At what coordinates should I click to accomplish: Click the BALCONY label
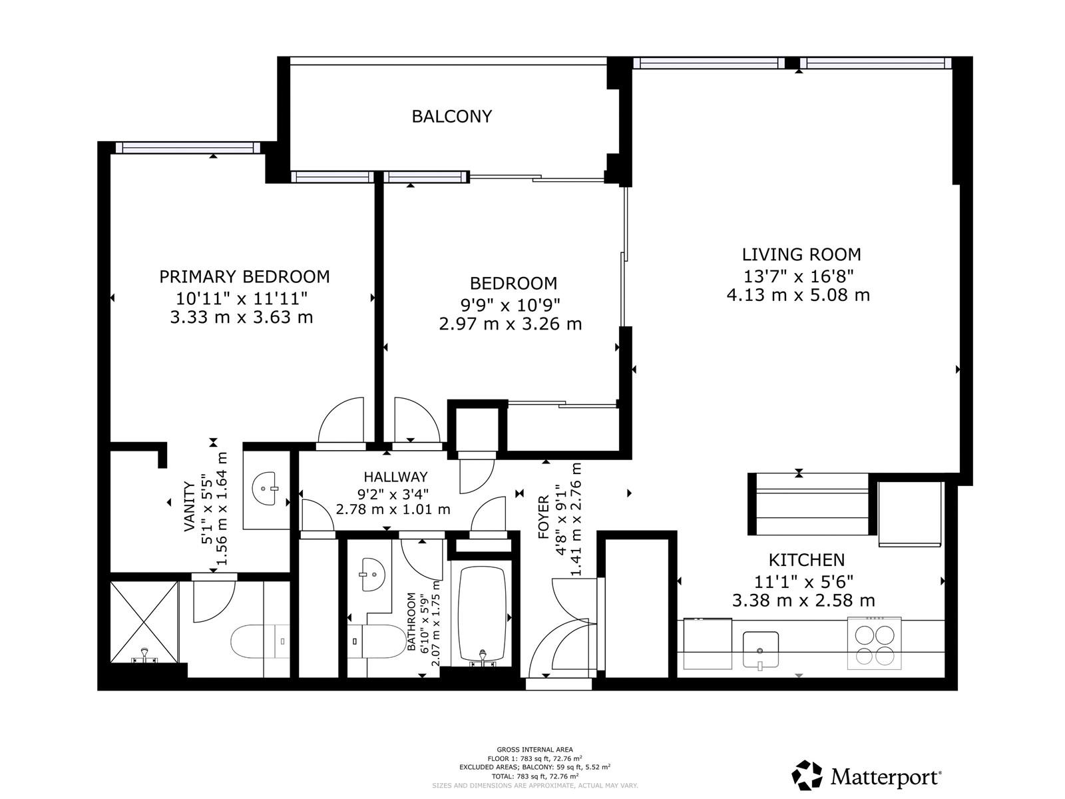452,117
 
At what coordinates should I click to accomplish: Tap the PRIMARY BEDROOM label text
244,276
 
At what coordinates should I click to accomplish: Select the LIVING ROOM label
801,254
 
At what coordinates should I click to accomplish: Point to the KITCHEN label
806,560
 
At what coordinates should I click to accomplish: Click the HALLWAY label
395,477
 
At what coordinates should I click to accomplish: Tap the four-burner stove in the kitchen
875,643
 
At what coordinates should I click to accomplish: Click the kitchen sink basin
760,650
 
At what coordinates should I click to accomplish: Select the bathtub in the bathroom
482,615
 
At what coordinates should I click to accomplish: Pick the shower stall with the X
144,623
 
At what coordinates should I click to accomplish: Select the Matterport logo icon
807,775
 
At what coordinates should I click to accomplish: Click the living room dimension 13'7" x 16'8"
799,276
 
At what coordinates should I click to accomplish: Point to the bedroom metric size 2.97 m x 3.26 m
511,324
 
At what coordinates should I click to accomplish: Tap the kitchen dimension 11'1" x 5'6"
803,581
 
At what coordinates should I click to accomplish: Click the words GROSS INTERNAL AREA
534,750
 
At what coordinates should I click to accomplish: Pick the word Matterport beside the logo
886,777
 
